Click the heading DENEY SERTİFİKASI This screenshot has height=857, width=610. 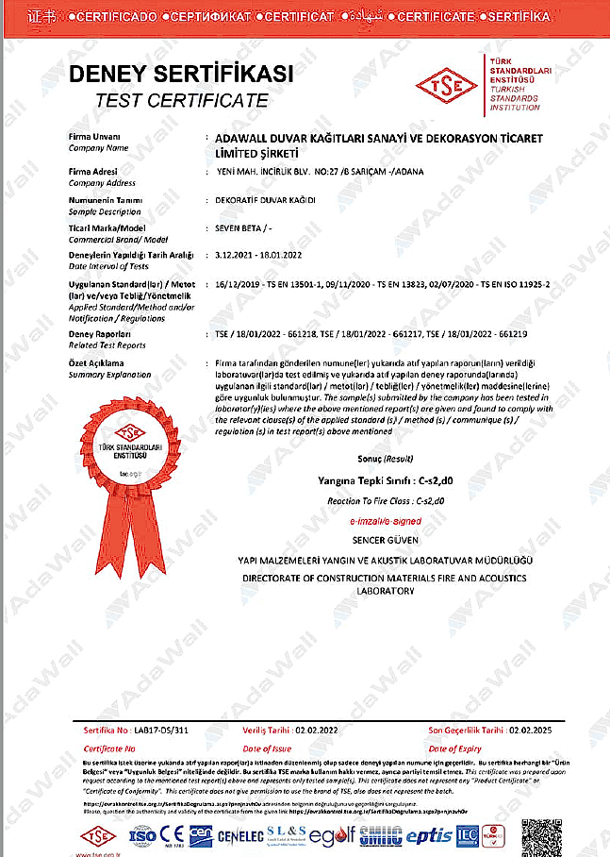[182, 75]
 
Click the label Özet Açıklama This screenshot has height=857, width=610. [96, 363]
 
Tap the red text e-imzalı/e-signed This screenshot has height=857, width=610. [372, 520]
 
